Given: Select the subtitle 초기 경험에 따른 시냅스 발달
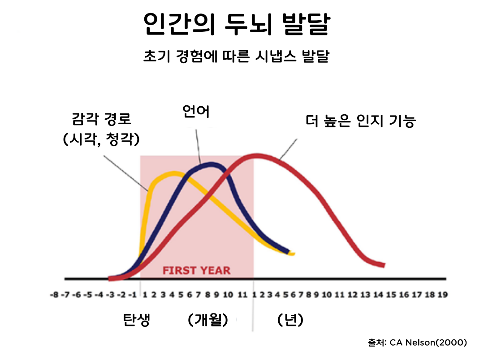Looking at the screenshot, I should (x=236, y=57).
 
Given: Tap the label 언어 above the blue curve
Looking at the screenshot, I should (x=196, y=111).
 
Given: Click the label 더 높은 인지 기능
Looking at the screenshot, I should (x=361, y=121).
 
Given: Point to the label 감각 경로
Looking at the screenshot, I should (x=102, y=120).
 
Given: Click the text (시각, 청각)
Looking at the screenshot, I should (x=102, y=139).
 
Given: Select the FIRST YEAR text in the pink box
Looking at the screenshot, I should (x=196, y=271).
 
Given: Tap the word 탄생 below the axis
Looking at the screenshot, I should (x=137, y=320).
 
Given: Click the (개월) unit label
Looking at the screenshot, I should (x=208, y=320).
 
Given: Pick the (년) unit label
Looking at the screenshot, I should (x=290, y=320).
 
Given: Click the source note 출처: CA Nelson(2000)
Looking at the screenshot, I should (x=417, y=343).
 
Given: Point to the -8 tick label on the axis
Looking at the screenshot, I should (x=55, y=295).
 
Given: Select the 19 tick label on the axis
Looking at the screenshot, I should (x=442, y=295).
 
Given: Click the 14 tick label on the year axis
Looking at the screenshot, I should (x=378, y=295).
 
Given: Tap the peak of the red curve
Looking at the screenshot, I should (x=258, y=156).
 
